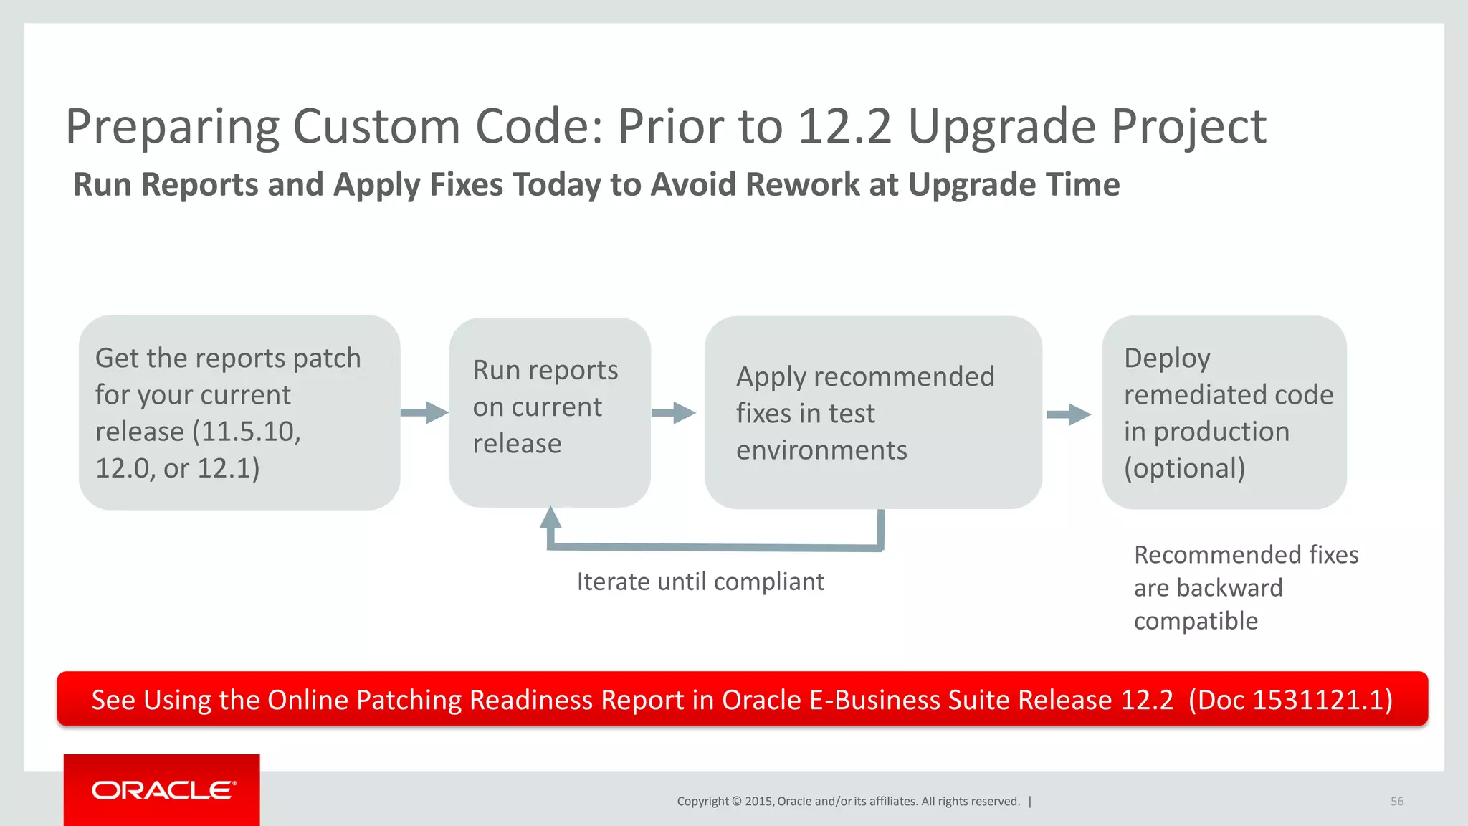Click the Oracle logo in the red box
tap(163, 790)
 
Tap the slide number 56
tap(1396, 802)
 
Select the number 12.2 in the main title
tap(844, 126)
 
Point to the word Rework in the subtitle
tap(803, 184)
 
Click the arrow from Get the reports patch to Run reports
tap(424, 412)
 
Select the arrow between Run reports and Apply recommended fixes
tap(674, 412)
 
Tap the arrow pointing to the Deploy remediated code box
tap(1069, 414)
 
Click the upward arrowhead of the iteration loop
tap(550, 518)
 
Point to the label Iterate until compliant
tap(700, 581)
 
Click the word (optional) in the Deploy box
tap(1184, 468)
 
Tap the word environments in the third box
tap(821, 450)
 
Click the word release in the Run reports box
tap(517, 444)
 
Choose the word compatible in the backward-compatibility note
tap(1196, 621)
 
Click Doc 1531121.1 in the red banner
tap(1290, 700)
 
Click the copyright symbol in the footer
tap(736, 802)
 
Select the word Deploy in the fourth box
tap(1167, 358)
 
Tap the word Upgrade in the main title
tap(1001, 128)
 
